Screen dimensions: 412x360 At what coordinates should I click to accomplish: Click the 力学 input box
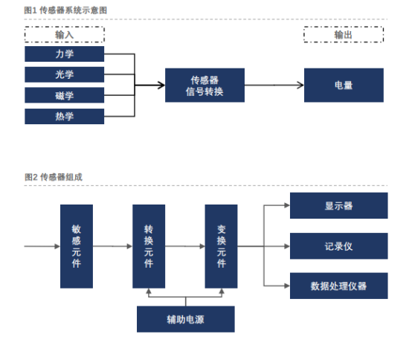65,54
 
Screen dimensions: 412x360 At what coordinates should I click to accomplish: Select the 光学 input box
65,74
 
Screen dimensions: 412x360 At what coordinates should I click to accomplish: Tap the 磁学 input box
65,95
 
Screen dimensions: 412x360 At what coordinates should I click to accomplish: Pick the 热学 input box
65,116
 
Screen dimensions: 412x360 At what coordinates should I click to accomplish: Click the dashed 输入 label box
65,34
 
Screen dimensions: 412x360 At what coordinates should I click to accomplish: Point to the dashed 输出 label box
344,34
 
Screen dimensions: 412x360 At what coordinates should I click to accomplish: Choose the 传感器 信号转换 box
205,85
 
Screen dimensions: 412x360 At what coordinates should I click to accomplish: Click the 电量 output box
344,85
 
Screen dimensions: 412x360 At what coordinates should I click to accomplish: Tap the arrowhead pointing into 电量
300,85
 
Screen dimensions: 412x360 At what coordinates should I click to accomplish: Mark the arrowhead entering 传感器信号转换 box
161,85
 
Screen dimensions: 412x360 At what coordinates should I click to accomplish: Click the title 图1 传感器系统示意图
65,10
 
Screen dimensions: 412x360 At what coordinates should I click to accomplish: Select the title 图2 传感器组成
54,177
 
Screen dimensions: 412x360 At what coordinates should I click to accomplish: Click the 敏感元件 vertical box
77,246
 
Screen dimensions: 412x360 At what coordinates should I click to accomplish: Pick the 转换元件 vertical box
149,246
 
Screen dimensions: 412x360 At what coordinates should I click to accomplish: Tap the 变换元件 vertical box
221,246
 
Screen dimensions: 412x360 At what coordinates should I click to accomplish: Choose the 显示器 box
339,205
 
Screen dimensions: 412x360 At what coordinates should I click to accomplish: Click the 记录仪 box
339,246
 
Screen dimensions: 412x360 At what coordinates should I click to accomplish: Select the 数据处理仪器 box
339,286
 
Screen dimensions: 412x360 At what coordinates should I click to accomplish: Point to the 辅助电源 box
186,319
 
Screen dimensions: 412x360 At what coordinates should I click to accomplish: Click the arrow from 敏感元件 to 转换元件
113,246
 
